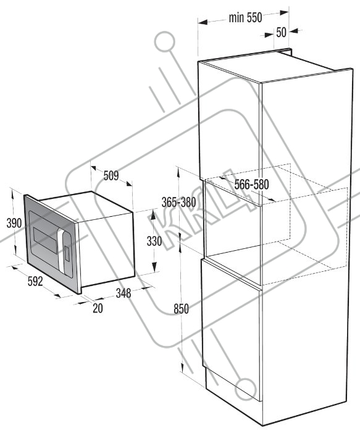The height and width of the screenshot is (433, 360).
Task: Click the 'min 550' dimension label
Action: [x=245, y=18]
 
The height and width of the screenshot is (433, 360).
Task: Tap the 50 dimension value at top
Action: [x=281, y=33]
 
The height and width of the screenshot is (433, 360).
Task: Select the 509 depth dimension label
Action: [x=111, y=175]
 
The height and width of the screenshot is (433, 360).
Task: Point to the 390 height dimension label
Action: [x=14, y=223]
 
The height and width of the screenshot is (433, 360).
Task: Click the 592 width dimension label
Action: [x=35, y=281]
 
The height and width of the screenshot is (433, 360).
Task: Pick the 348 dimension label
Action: [x=123, y=293]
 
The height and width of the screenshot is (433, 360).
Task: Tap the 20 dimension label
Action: [x=98, y=308]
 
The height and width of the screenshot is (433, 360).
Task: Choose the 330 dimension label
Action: [x=154, y=241]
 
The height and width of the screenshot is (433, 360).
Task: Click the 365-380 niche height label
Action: [x=178, y=203]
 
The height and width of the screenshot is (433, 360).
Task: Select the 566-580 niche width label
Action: [x=251, y=185]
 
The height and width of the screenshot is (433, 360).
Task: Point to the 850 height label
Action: [x=181, y=309]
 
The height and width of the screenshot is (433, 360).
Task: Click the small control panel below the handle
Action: [x=67, y=253]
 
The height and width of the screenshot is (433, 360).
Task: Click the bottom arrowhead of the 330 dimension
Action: [x=154, y=267]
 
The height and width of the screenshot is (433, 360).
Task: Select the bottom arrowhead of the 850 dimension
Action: [x=182, y=368]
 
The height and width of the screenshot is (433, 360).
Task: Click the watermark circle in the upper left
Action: [x=165, y=42]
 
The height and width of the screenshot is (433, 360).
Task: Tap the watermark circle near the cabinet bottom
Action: [x=245, y=389]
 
